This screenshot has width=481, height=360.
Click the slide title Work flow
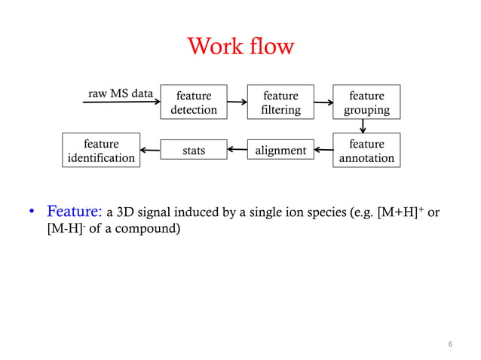point(240,47)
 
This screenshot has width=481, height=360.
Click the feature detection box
point(194,102)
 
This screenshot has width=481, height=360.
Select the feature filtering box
point(280,102)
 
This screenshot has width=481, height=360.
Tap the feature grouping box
point(367,102)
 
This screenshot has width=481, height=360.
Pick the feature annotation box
point(367,151)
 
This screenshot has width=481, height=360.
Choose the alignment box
point(280,151)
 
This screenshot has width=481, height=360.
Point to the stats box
point(194,151)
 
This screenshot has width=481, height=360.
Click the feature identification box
point(102,151)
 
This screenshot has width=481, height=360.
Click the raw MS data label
point(121,93)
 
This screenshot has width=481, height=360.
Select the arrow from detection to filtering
point(237,102)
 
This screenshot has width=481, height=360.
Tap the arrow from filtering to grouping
point(324,102)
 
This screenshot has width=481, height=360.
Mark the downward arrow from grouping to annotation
point(364,126)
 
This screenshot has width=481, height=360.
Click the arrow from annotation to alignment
point(323,151)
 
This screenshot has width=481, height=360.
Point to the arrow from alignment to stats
point(237,151)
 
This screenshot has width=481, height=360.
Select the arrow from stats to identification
point(149,151)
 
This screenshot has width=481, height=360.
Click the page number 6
point(450,344)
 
